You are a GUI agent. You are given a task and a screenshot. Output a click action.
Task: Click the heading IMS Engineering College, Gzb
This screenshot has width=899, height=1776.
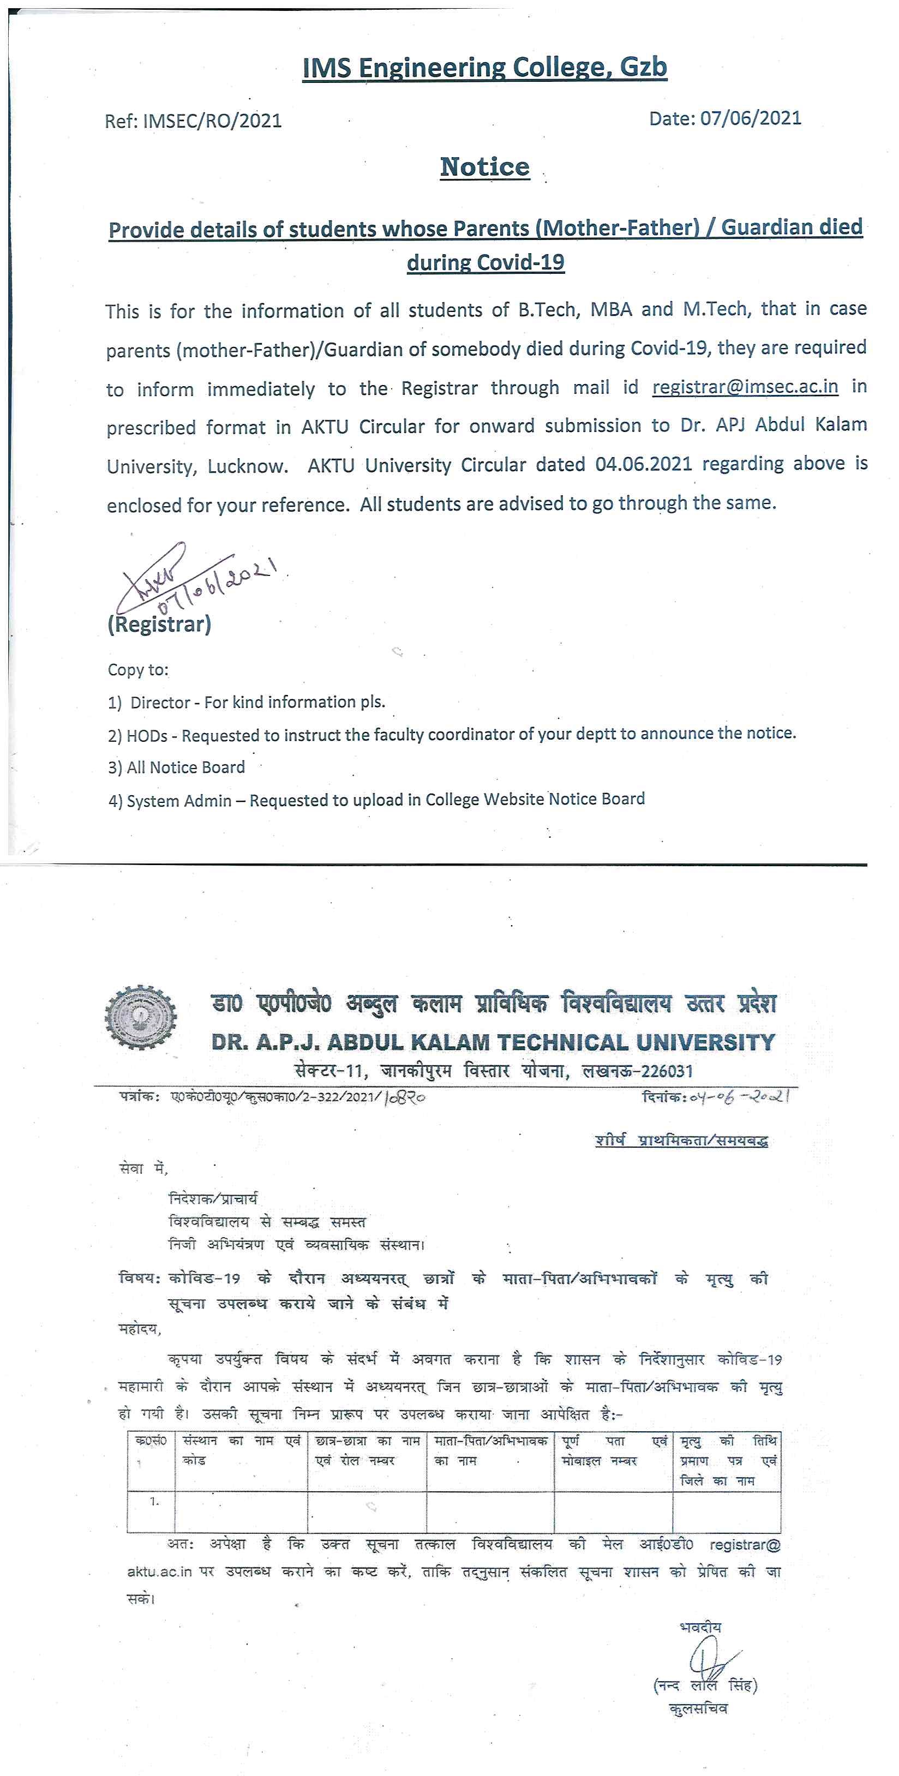click(x=484, y=68)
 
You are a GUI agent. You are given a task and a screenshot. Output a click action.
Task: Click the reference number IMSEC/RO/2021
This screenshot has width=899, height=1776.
click(x=212, y=121)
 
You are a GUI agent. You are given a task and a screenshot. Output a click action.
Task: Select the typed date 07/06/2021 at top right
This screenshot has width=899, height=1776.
click(x=751, y=118)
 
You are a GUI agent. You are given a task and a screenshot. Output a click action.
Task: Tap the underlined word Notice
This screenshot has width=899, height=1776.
click(x=484, y=167)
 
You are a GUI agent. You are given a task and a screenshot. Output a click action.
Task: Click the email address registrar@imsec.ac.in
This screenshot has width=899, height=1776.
click(x=745, y=387)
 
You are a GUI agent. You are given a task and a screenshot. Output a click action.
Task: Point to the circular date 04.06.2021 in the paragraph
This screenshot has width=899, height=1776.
click(x=643, y=464)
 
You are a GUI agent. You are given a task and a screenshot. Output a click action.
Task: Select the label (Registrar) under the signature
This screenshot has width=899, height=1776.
click(x=159, y=625)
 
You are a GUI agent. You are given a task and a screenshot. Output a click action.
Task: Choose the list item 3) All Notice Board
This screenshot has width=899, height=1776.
click(x=177, y=768)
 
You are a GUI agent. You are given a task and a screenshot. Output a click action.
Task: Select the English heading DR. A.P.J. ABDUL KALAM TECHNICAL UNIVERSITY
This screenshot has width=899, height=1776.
click(x=493, y=1042)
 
